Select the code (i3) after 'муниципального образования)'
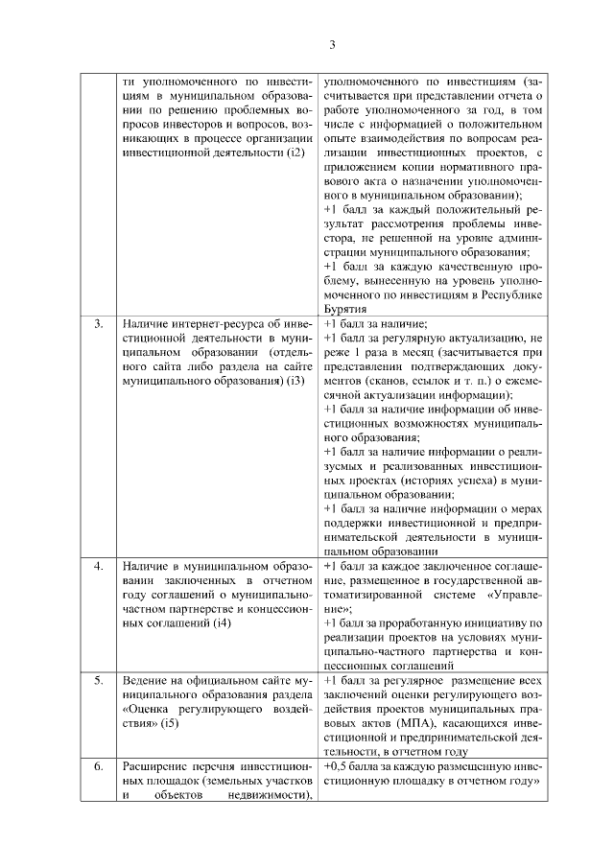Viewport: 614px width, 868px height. coord(296,382)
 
